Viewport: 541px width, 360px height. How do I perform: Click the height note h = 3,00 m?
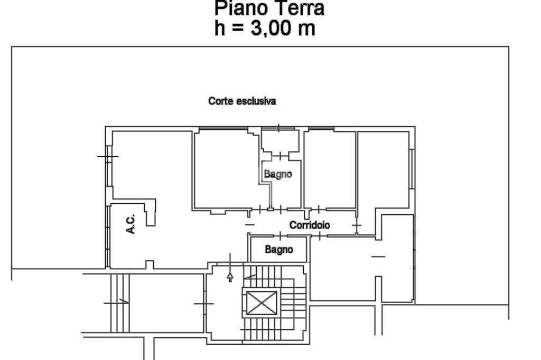(x=265, y=28)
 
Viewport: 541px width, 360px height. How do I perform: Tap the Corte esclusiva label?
(x=242, y=101)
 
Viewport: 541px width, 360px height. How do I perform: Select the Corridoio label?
(x=310, y=225)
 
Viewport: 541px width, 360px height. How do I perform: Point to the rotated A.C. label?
(x=131, y=224)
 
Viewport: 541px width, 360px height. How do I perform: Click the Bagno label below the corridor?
(x=279, y=249)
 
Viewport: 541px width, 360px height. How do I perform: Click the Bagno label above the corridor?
(x=278, y=174)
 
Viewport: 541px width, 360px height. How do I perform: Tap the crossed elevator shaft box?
(x=262, y=303)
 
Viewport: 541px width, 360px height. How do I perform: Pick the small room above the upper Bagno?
(x=280, y=140)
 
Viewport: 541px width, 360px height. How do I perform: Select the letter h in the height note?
(x=219, y=28)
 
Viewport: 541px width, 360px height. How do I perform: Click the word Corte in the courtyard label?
(x=221, y=101)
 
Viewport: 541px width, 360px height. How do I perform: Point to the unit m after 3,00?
(x=306, y=30)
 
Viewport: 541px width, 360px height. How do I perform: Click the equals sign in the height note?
(x=237, y=29)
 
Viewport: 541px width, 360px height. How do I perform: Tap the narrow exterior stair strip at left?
(x=120, y=303)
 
